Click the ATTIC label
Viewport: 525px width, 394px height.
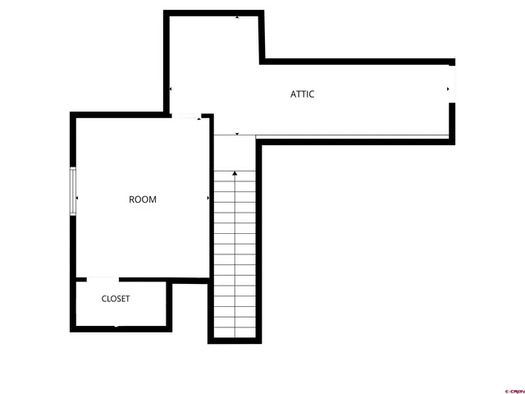coord(302,94)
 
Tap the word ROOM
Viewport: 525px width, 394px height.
coord(143,199)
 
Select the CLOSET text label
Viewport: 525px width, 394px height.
coord(116,299)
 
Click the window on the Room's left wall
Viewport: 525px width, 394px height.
coord(73,192)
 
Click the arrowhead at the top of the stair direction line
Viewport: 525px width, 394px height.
coord(235,173)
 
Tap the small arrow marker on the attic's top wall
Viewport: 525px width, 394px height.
coord(237,16)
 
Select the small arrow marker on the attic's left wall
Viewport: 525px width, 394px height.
coord(170,89)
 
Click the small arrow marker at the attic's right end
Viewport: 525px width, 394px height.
coord(448,89)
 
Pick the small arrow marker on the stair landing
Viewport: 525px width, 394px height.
coord(237,133)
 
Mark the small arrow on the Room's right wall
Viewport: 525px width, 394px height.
coord(208,198)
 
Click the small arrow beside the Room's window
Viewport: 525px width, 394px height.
coord(78,198)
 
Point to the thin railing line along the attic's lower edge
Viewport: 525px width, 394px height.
coord(353,135)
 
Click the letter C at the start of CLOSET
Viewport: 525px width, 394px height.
coord(104,299)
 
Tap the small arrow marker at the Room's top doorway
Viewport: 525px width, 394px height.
coord(199,120)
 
